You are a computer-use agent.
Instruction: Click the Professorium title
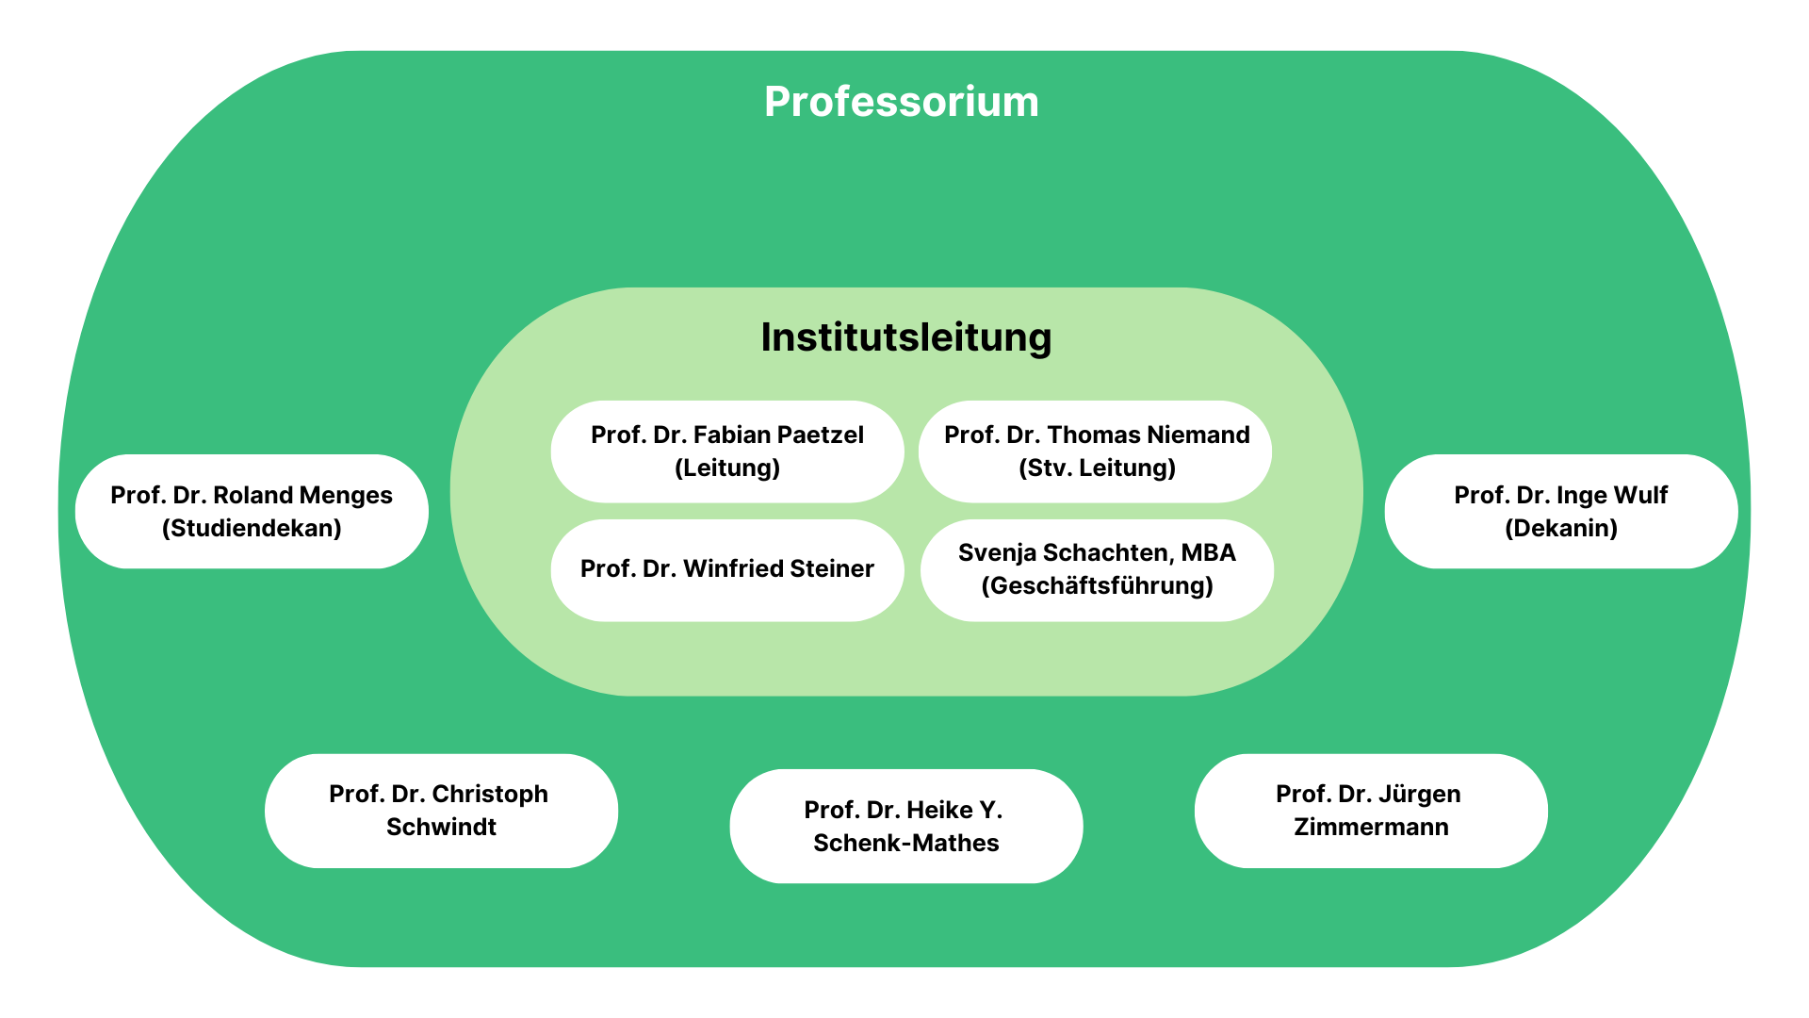(901, 102)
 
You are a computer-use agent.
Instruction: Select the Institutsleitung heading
(905, 337)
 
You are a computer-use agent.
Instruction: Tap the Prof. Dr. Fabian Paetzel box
(726, 451)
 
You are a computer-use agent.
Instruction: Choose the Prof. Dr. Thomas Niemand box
(1096, 451)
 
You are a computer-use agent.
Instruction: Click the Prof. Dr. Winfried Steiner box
(726, 569)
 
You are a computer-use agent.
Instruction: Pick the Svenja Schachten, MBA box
(1097, 569)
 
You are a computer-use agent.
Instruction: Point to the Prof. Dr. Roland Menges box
(252, 511)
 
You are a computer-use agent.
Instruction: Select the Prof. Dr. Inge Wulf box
(1560, 511)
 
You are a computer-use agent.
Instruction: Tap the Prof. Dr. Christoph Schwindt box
(441, 810)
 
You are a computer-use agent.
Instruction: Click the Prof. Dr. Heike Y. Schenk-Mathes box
(905, 826)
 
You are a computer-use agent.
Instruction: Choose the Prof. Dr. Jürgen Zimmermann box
(1371, 810)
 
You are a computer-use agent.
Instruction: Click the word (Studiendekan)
(252, 528)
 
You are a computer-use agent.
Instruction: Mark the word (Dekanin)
(1560, 528)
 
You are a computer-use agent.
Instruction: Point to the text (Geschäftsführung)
(1097, 586)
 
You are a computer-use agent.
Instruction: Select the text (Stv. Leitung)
(1097, 468)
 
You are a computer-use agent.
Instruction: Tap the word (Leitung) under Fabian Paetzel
(726, 468)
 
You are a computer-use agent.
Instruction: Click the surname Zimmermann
(1371, 827)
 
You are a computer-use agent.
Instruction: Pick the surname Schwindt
(441, 827)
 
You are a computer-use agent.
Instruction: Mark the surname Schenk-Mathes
(905, 843)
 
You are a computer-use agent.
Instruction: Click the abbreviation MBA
(1208, 552)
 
